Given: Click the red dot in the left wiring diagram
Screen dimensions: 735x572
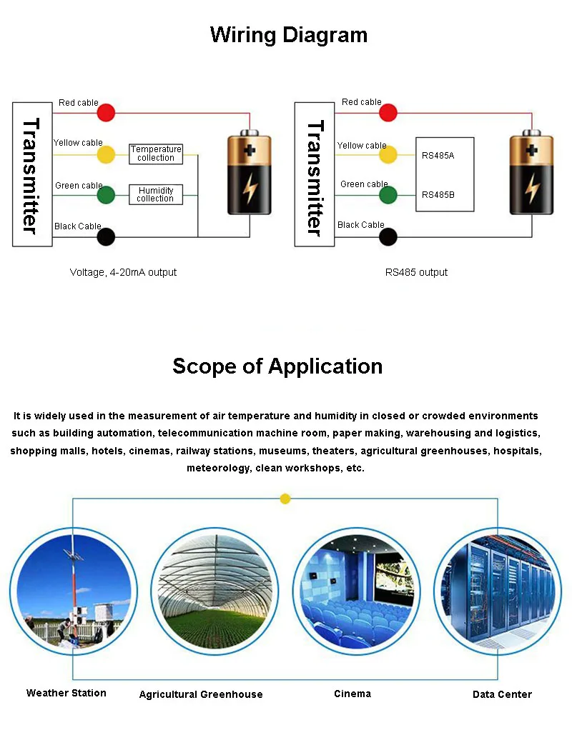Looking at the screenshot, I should [106, 112].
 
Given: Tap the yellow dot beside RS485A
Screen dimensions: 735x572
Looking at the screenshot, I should [388, 154].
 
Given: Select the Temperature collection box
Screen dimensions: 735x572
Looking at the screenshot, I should [156, 154].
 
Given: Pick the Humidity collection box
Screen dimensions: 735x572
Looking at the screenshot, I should [156, 194].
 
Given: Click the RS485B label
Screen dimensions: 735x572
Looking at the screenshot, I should [438, 194].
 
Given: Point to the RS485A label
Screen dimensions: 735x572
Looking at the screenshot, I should [438, 155].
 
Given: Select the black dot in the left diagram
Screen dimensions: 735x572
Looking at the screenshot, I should [106, 236].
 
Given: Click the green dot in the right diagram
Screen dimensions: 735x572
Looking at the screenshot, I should [388, 194].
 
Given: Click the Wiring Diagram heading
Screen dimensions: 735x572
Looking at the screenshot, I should [289, 35].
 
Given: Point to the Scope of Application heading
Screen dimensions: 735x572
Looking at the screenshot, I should [277, 366].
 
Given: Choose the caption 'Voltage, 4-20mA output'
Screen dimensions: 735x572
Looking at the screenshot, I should [123, 272].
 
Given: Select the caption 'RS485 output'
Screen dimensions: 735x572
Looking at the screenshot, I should [417, 272].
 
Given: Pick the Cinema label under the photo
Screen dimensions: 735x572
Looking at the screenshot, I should [352, 694].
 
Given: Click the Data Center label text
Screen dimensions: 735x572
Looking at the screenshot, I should [502, 694].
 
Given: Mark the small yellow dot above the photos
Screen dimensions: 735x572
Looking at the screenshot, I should [285, 499].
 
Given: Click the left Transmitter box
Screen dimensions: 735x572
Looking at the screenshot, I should [32, 174].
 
